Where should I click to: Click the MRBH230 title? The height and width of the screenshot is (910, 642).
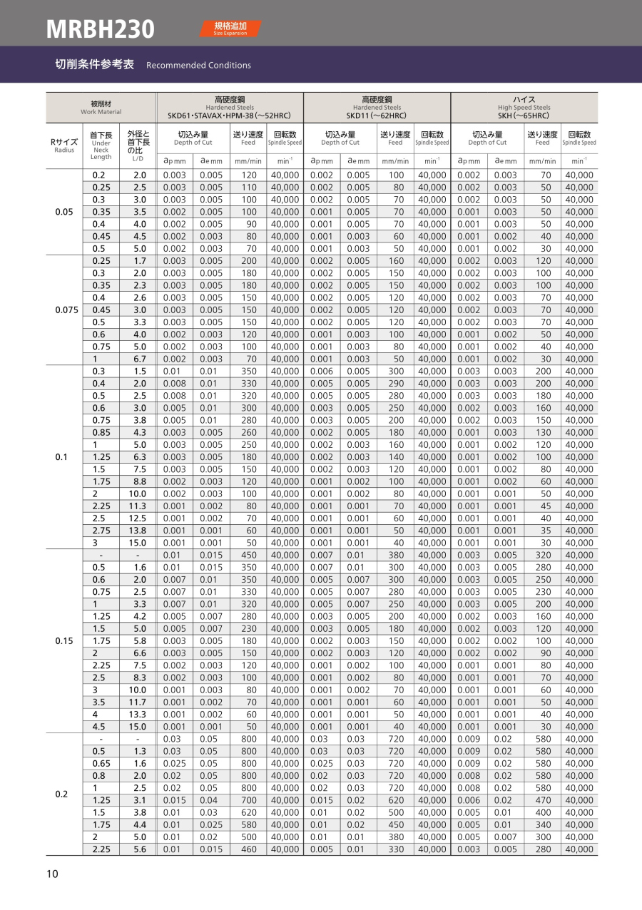[x=100, y=29]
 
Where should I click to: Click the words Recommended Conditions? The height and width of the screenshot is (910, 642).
[x=198, y=66]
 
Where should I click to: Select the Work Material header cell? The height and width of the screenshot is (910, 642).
[x=101, y=107]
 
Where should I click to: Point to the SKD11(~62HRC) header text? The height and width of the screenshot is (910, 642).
[x=377, y=116]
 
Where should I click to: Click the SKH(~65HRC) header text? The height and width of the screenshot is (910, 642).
[x=524, y=116]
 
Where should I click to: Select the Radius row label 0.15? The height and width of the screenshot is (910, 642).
[x=64, y=640]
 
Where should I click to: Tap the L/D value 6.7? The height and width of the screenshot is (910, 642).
[x=140, y=359]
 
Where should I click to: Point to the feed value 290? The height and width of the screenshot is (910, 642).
[x=396, y=384]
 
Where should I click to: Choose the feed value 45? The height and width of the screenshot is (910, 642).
[x=545, y=506]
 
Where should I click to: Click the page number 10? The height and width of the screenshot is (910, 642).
[x=52, y=874]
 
